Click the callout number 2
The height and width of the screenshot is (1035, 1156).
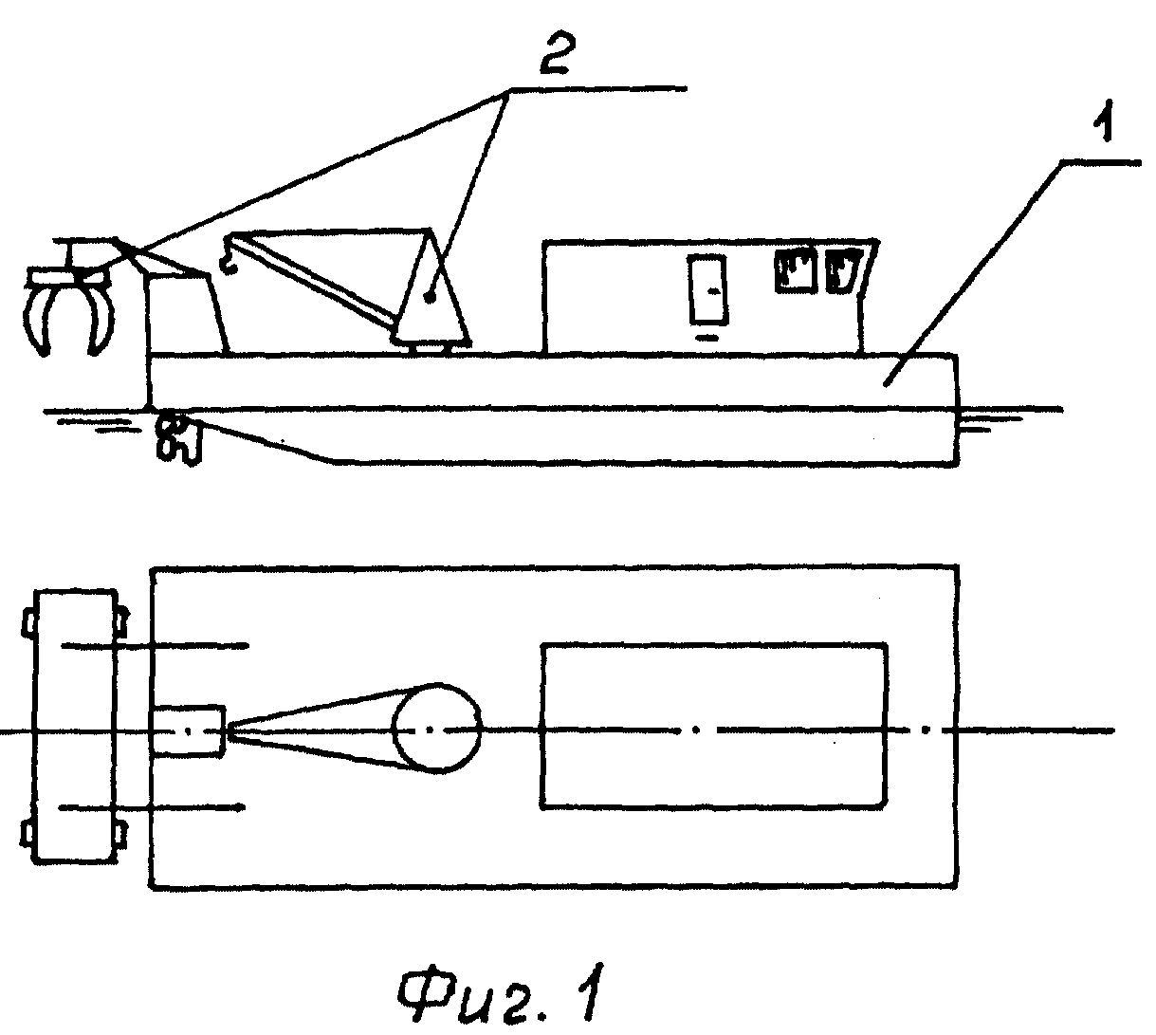(x=554, y=53)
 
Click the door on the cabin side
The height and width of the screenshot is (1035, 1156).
(x=708, y=289)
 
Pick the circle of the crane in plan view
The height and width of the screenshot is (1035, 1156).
(x=436, y=729)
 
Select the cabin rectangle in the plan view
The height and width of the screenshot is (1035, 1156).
(x=713, y=644)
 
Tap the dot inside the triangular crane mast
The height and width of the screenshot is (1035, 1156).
(x=431, y=299)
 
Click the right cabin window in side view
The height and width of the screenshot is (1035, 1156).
(x=843, y=270)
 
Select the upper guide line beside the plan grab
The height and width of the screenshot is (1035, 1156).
(x=154, y=646)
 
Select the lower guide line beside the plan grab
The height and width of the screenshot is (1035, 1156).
(x=153, y=807)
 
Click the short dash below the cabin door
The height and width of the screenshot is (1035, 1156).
(x=708, y=337)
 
